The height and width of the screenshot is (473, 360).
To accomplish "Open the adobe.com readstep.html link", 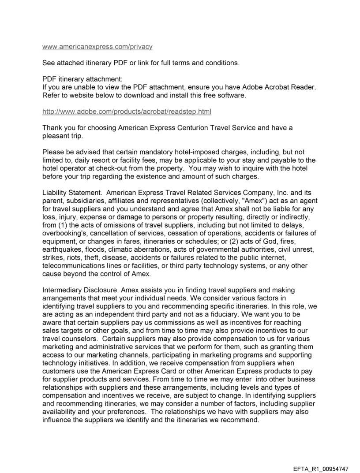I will tap(127, 112).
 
